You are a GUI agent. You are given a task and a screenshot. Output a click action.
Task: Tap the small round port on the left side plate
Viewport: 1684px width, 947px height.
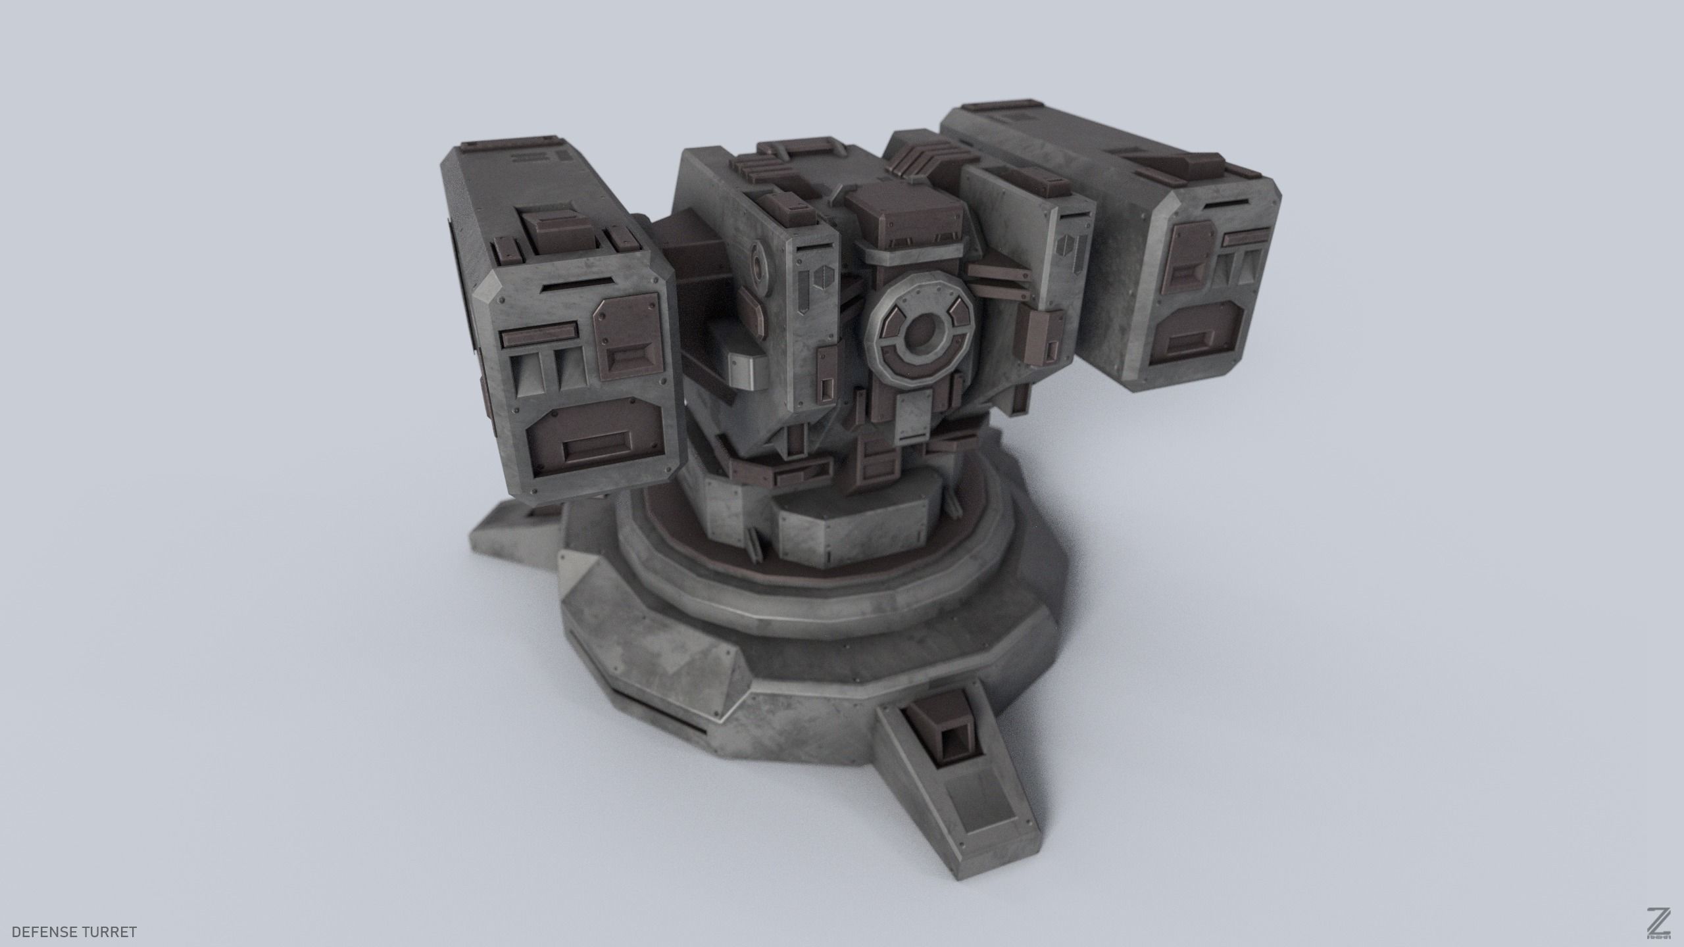coord(760,266)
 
